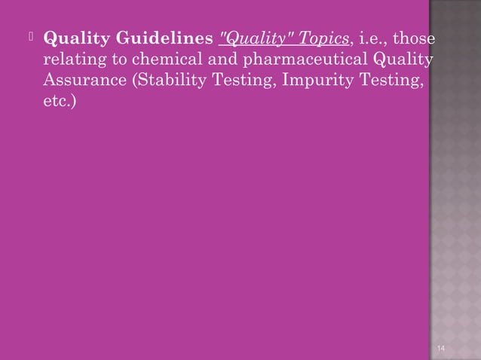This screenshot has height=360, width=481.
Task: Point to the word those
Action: pos(417,39)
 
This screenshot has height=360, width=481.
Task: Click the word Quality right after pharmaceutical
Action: pos(407,59)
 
